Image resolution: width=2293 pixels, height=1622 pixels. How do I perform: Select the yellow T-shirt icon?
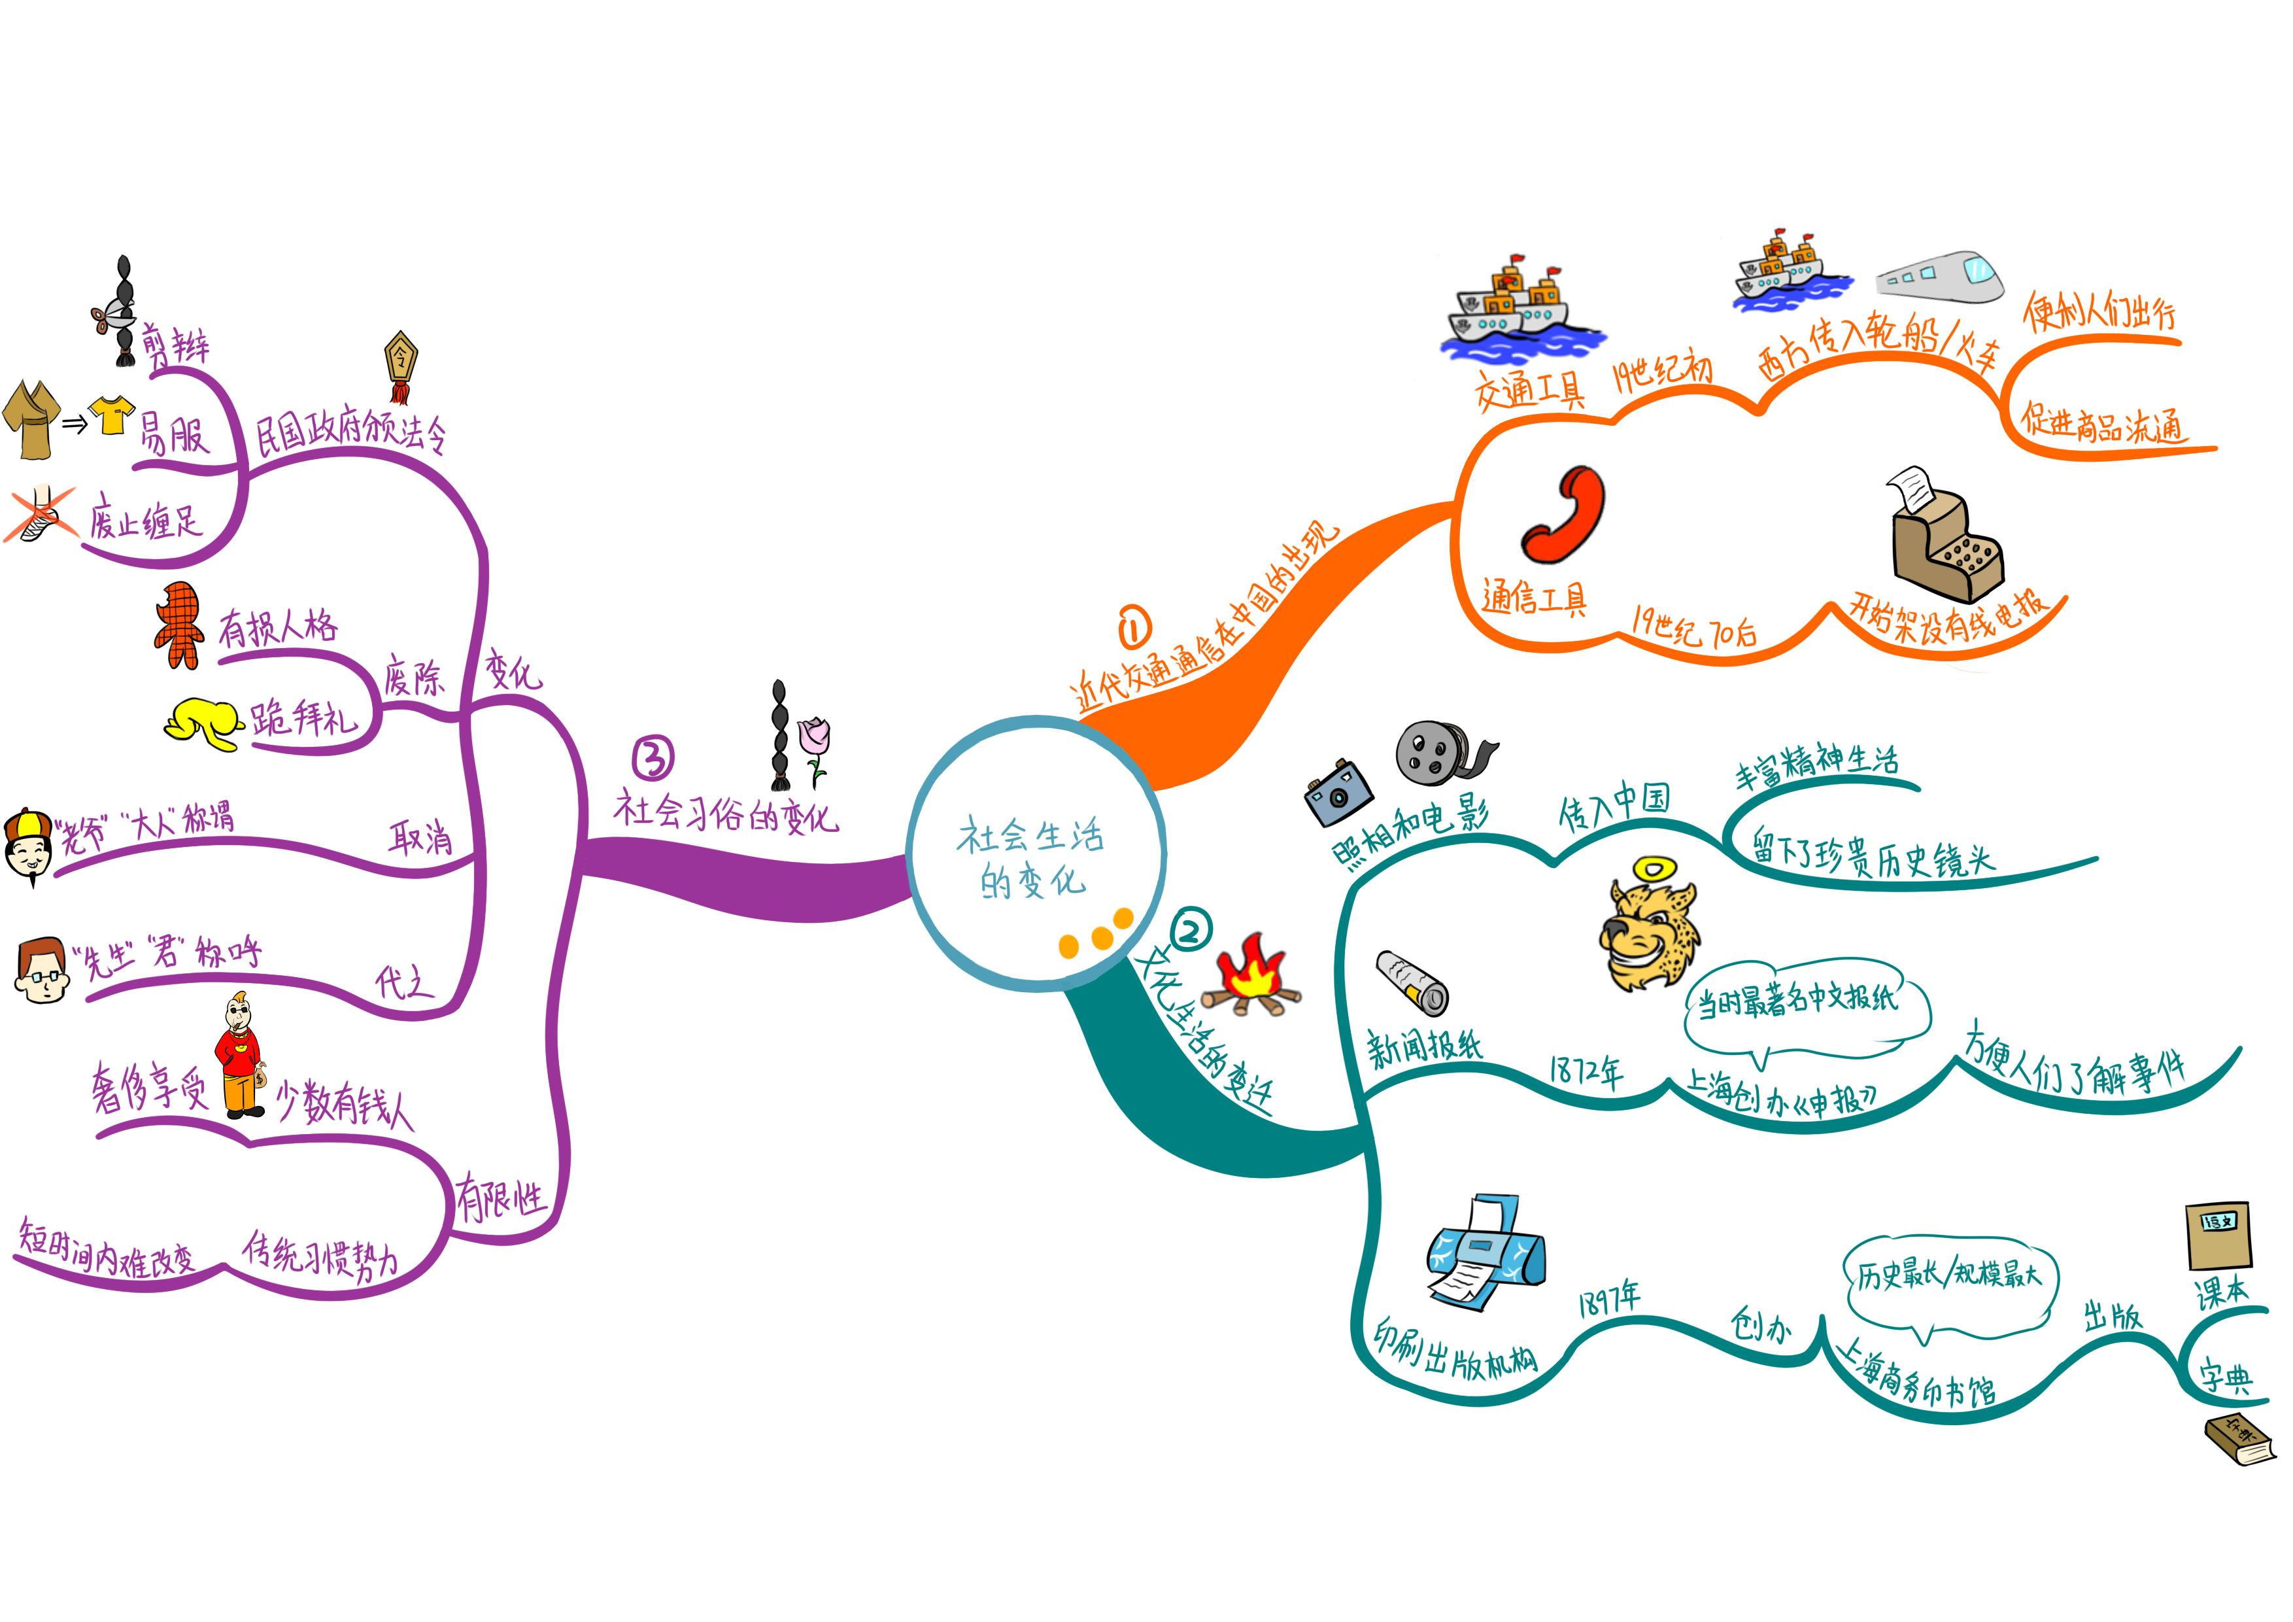tap(112, 415)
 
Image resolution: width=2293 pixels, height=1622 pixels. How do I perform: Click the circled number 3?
tap(653, 758)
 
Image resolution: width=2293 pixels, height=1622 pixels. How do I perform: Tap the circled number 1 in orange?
tap(1134, 629)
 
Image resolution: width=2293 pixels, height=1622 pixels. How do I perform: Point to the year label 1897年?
tap(1608, 1298)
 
